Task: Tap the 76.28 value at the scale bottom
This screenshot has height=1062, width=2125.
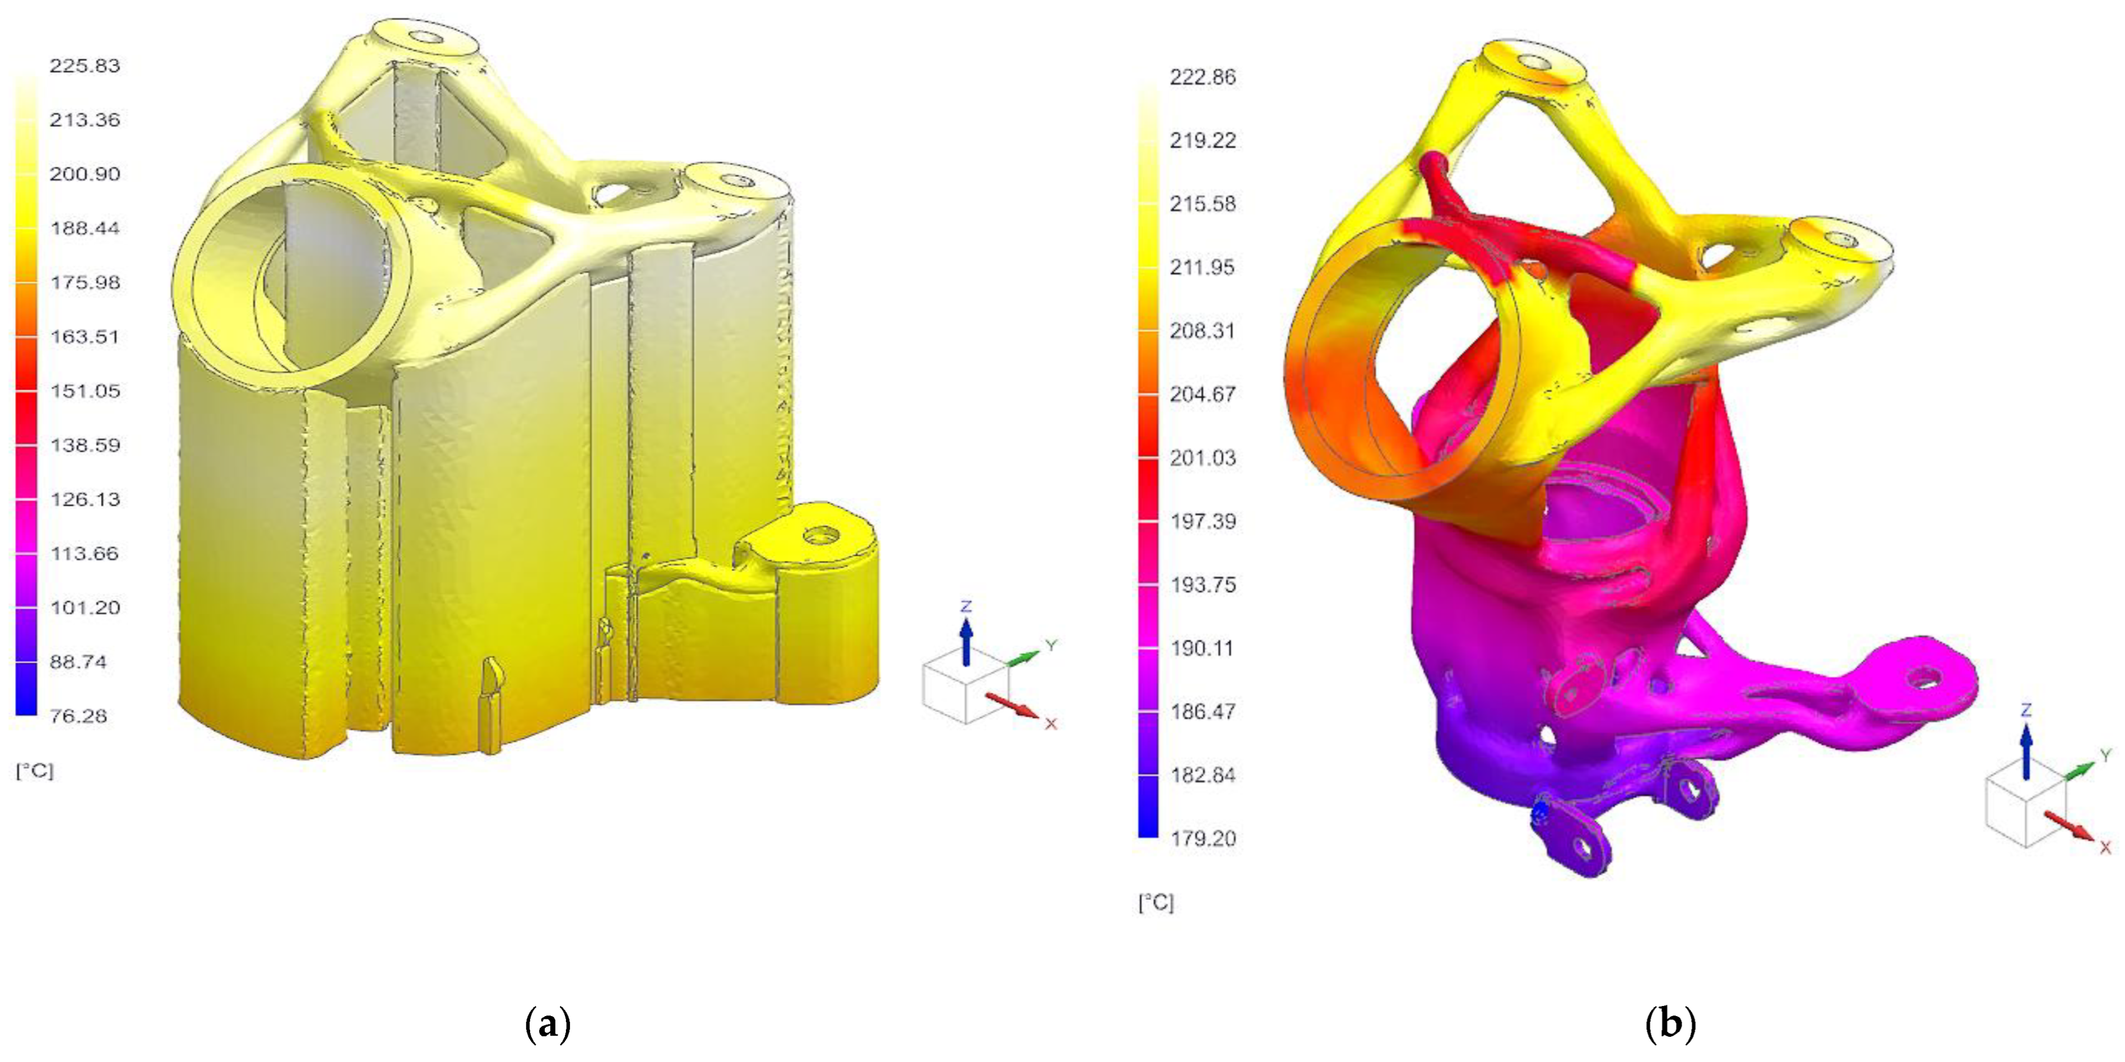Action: (x=78, y=716)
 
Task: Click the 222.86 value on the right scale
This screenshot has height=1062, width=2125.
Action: (x=1203, y=77)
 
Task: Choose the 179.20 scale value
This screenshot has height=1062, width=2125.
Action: (x=1203, y=838)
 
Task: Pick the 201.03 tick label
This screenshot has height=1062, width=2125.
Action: (x=1203, y=458)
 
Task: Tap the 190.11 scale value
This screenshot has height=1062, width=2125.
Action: (x=1203, y=648)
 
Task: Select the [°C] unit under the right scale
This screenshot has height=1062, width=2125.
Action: (x=1156, y=903)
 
